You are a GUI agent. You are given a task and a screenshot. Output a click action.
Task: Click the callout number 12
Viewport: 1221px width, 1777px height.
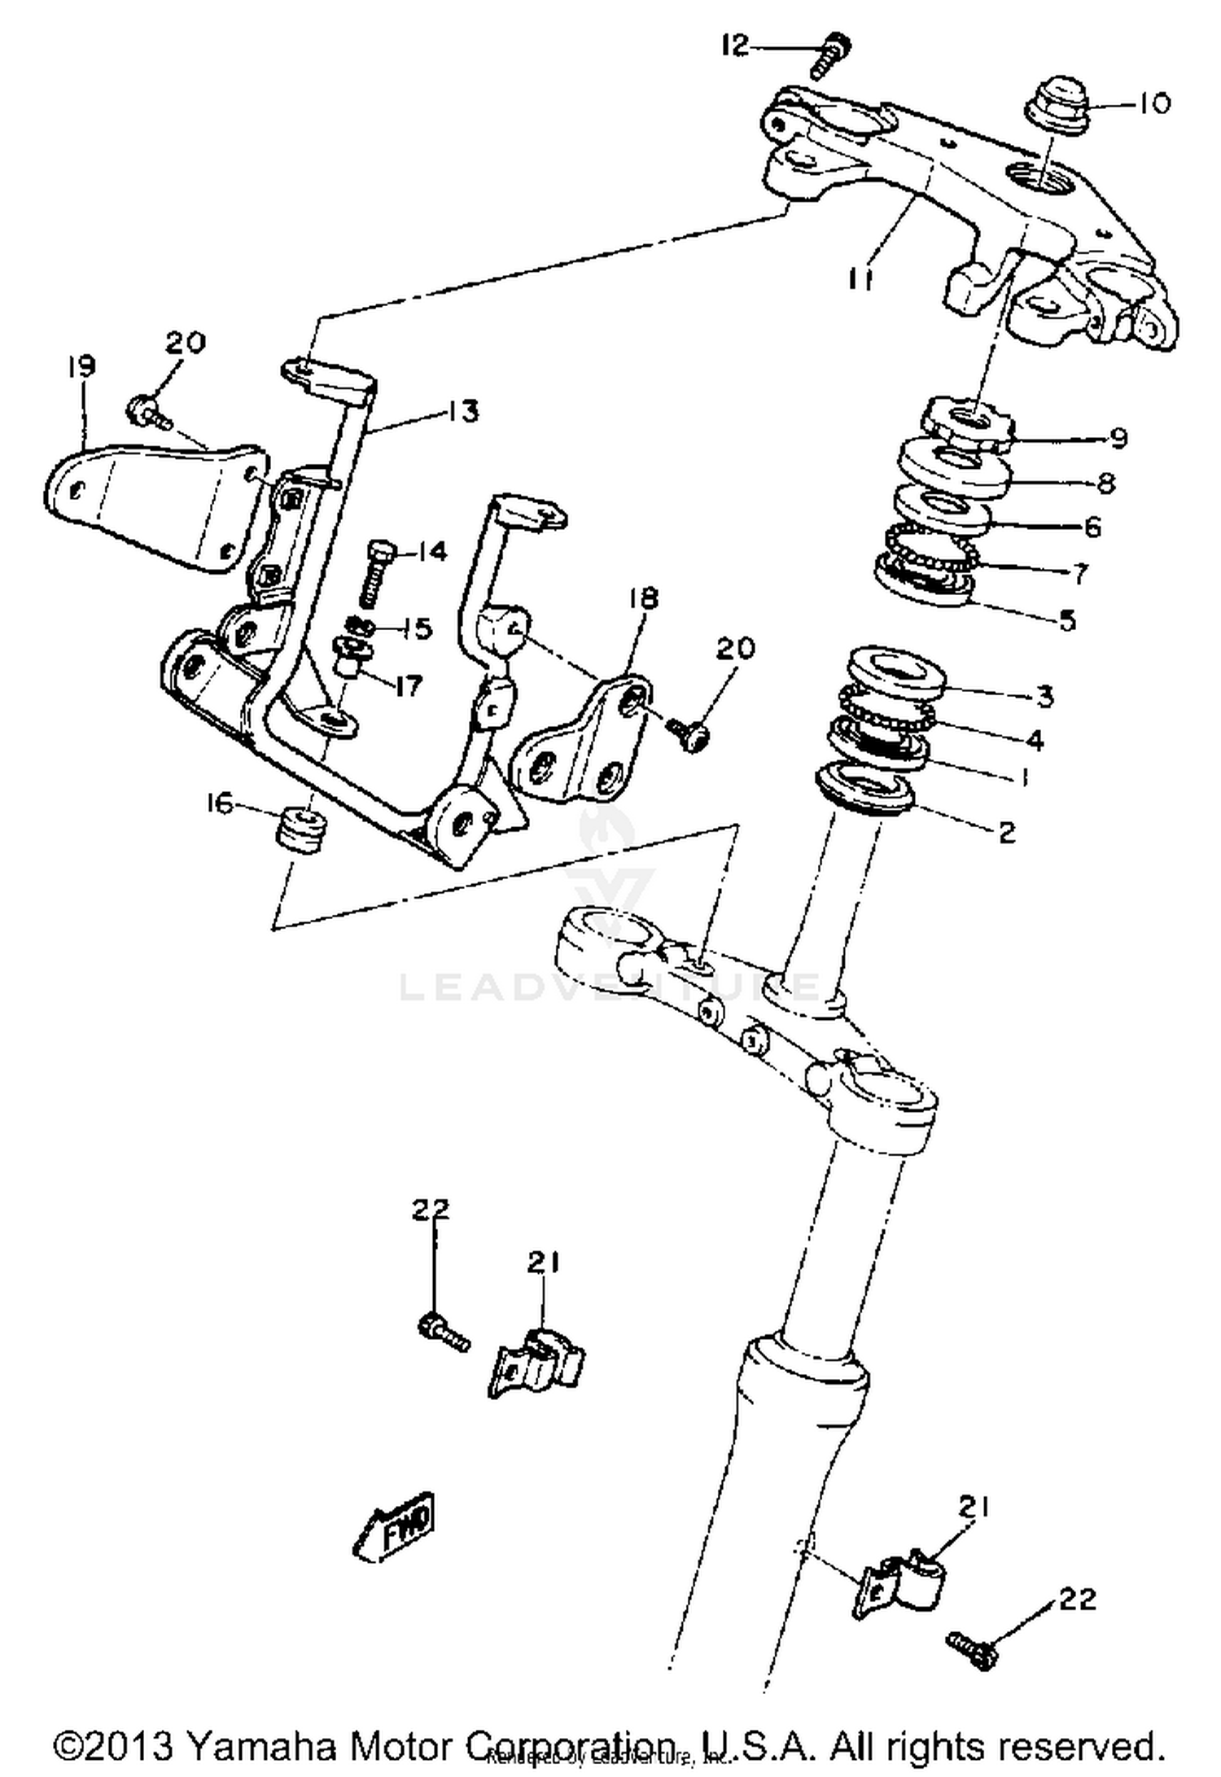click(734, 46)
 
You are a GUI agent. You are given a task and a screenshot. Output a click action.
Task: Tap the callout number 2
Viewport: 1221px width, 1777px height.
click(1007, 831)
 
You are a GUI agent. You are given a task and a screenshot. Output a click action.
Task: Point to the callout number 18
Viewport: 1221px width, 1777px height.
click(642, 598)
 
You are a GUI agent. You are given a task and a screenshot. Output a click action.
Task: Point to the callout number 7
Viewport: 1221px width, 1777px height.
click(1079, 573)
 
